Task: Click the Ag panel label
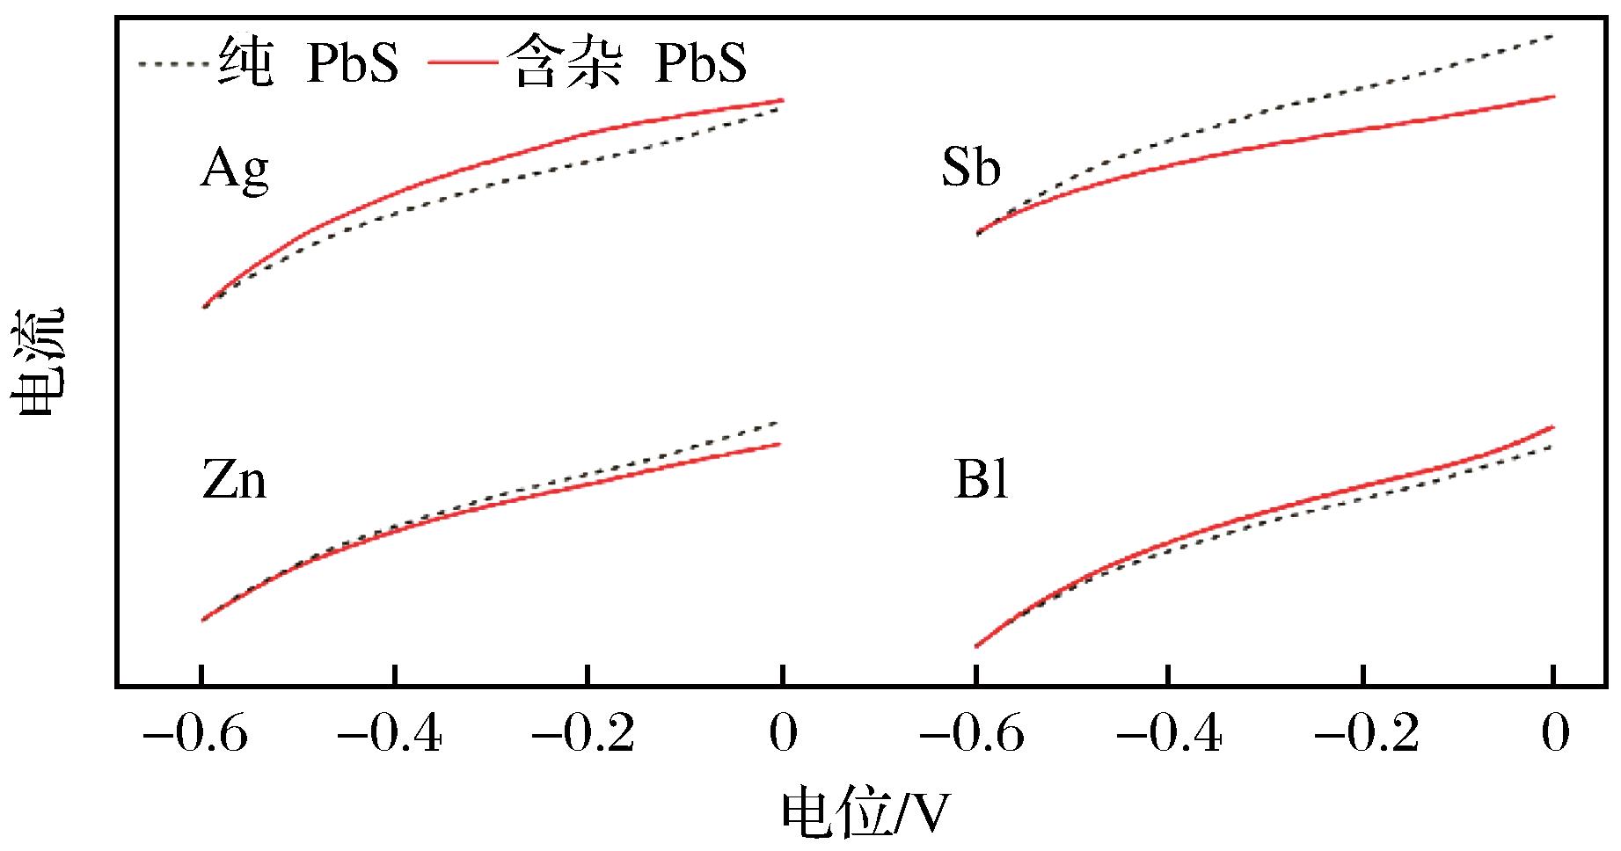(x=234, y=170)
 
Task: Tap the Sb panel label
(x=971, y=168)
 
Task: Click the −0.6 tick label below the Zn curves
(x=196, y=735)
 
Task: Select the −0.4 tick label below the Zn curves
(x=391, y=735)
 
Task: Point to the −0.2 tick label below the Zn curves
(x=583, y=735)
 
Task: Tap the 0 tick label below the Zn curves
(x=782, y=735)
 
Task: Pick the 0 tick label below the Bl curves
(x=1555, y=735)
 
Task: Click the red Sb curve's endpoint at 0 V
(x=1554, y=97)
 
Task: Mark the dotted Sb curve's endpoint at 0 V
(x=1554, y=36)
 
